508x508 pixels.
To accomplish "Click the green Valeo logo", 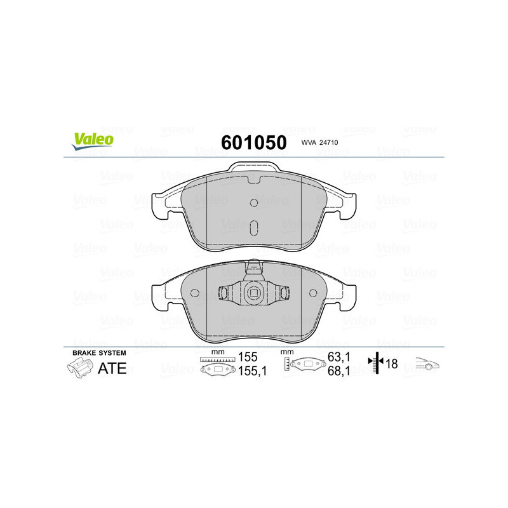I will pos(93,142).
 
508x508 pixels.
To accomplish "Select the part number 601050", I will pos(253,142).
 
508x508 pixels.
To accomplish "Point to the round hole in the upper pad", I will pos(254,203).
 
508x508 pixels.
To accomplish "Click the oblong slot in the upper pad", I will pos(254,228).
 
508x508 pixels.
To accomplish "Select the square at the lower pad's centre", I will pos(254,293).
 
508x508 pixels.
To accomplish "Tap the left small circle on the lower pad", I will pos(196,294).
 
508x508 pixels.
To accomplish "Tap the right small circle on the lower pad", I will pos(312,294).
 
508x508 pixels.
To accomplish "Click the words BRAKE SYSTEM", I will pos(99,352).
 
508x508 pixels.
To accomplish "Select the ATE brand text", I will pos(111,368).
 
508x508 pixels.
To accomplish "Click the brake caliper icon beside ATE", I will pos(78,367).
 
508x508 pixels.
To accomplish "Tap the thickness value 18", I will pos(391,364).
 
